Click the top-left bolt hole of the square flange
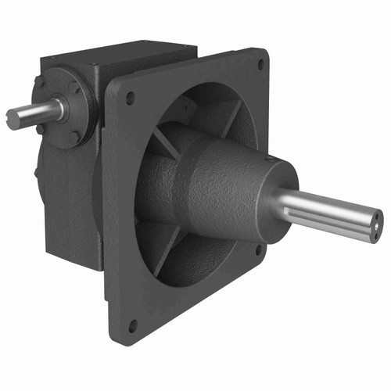(130, 98)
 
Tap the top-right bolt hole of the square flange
(260, 66)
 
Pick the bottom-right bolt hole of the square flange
(259, 250)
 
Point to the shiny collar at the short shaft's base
(56, 109)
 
